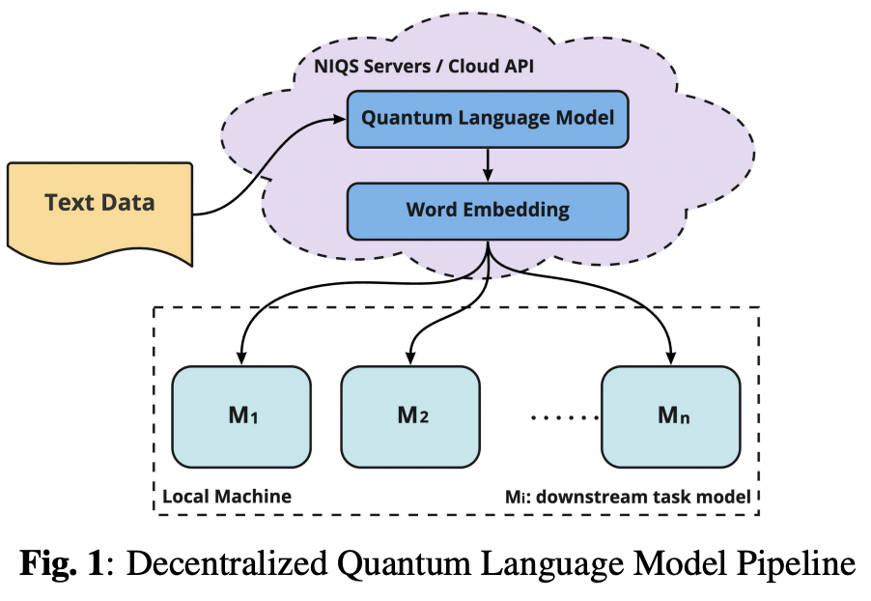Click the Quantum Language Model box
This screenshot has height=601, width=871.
point(488,119)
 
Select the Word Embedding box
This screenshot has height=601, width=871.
point(488,209)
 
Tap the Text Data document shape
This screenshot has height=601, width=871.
point(99,204)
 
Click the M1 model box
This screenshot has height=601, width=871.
point(240,416)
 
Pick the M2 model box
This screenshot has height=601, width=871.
point(411,416)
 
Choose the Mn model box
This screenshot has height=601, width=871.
point(672,416)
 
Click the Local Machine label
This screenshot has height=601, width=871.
point(227,497)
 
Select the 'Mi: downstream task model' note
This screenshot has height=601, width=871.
point(628,497)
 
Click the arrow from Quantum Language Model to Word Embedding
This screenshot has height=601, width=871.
point(488,164)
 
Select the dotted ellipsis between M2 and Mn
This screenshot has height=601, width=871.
point(564,418)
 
